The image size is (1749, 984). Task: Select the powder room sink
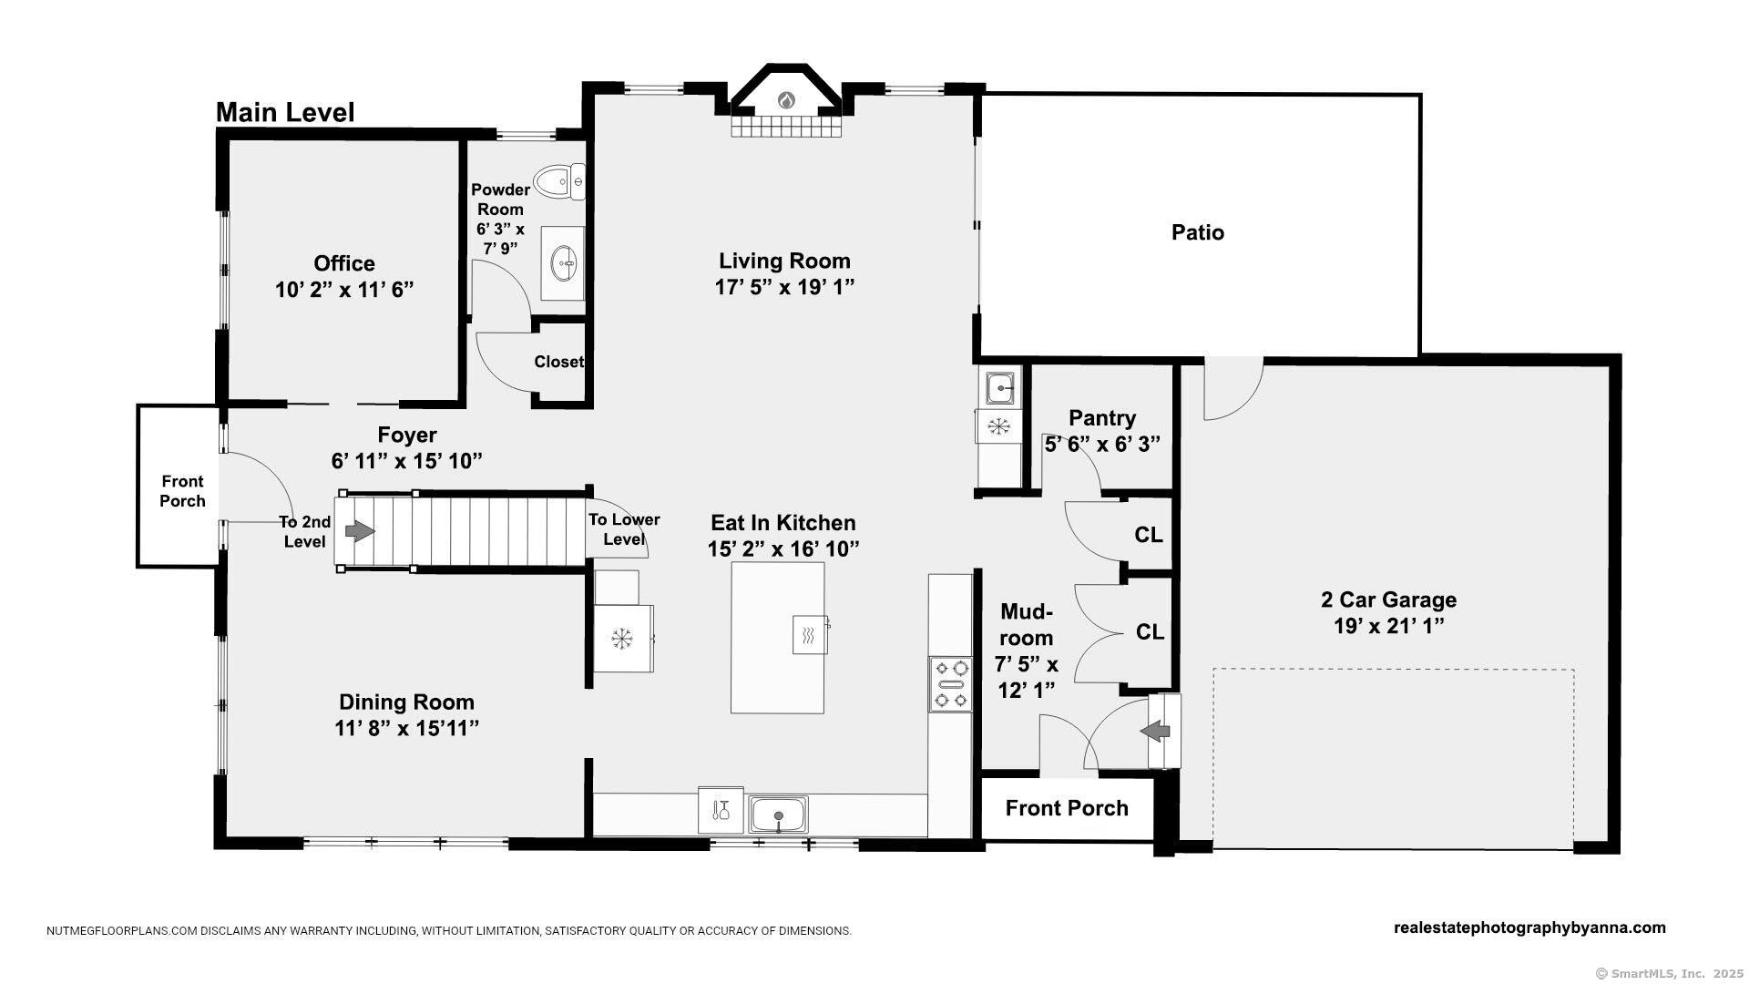pyautogui.click(x=563, y=263)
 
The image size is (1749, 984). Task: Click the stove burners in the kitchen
pyautogui.click(x=951, y=683)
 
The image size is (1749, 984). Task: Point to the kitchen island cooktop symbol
pyautogui.click(x=809, y=634)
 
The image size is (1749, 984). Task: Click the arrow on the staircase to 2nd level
pyautogui.click(x=361, y=530)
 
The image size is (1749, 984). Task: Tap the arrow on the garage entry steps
pyautogui.click(x=1156, y=731)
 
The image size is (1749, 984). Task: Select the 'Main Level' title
pyautogui.click(x=285, y=113)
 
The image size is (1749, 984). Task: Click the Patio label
pyautogui.click(x=1198, y=232)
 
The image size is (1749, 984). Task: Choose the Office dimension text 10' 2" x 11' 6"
pyautogui.click(x=344, y=290)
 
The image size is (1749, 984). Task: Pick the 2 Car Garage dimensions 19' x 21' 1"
pyautogui.click(x=1388, y=626)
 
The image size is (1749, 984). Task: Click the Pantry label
pyautogui.click(x=1102, y=418)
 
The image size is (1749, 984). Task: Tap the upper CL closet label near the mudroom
pyautogui.click(x=1149, y=535)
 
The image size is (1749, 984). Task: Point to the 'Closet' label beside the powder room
pyautogui.click(x=558, y=362)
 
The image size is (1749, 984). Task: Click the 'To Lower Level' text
pyautogui.click(x=624, y=529)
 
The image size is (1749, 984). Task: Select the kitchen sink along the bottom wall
pyautogui.click(x=778, y=814)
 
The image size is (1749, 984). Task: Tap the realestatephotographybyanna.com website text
pyautogui.click(x=1529, y=928)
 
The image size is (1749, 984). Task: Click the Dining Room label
pyautogui.click(x=406, y=702)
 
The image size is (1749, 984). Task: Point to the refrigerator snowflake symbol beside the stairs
pyautogui.click(x=622, y=638)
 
